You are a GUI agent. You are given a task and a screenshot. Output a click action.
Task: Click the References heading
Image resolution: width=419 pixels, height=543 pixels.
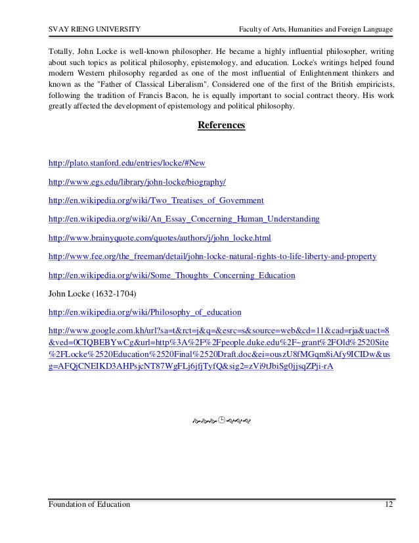(x=221, y=125)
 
